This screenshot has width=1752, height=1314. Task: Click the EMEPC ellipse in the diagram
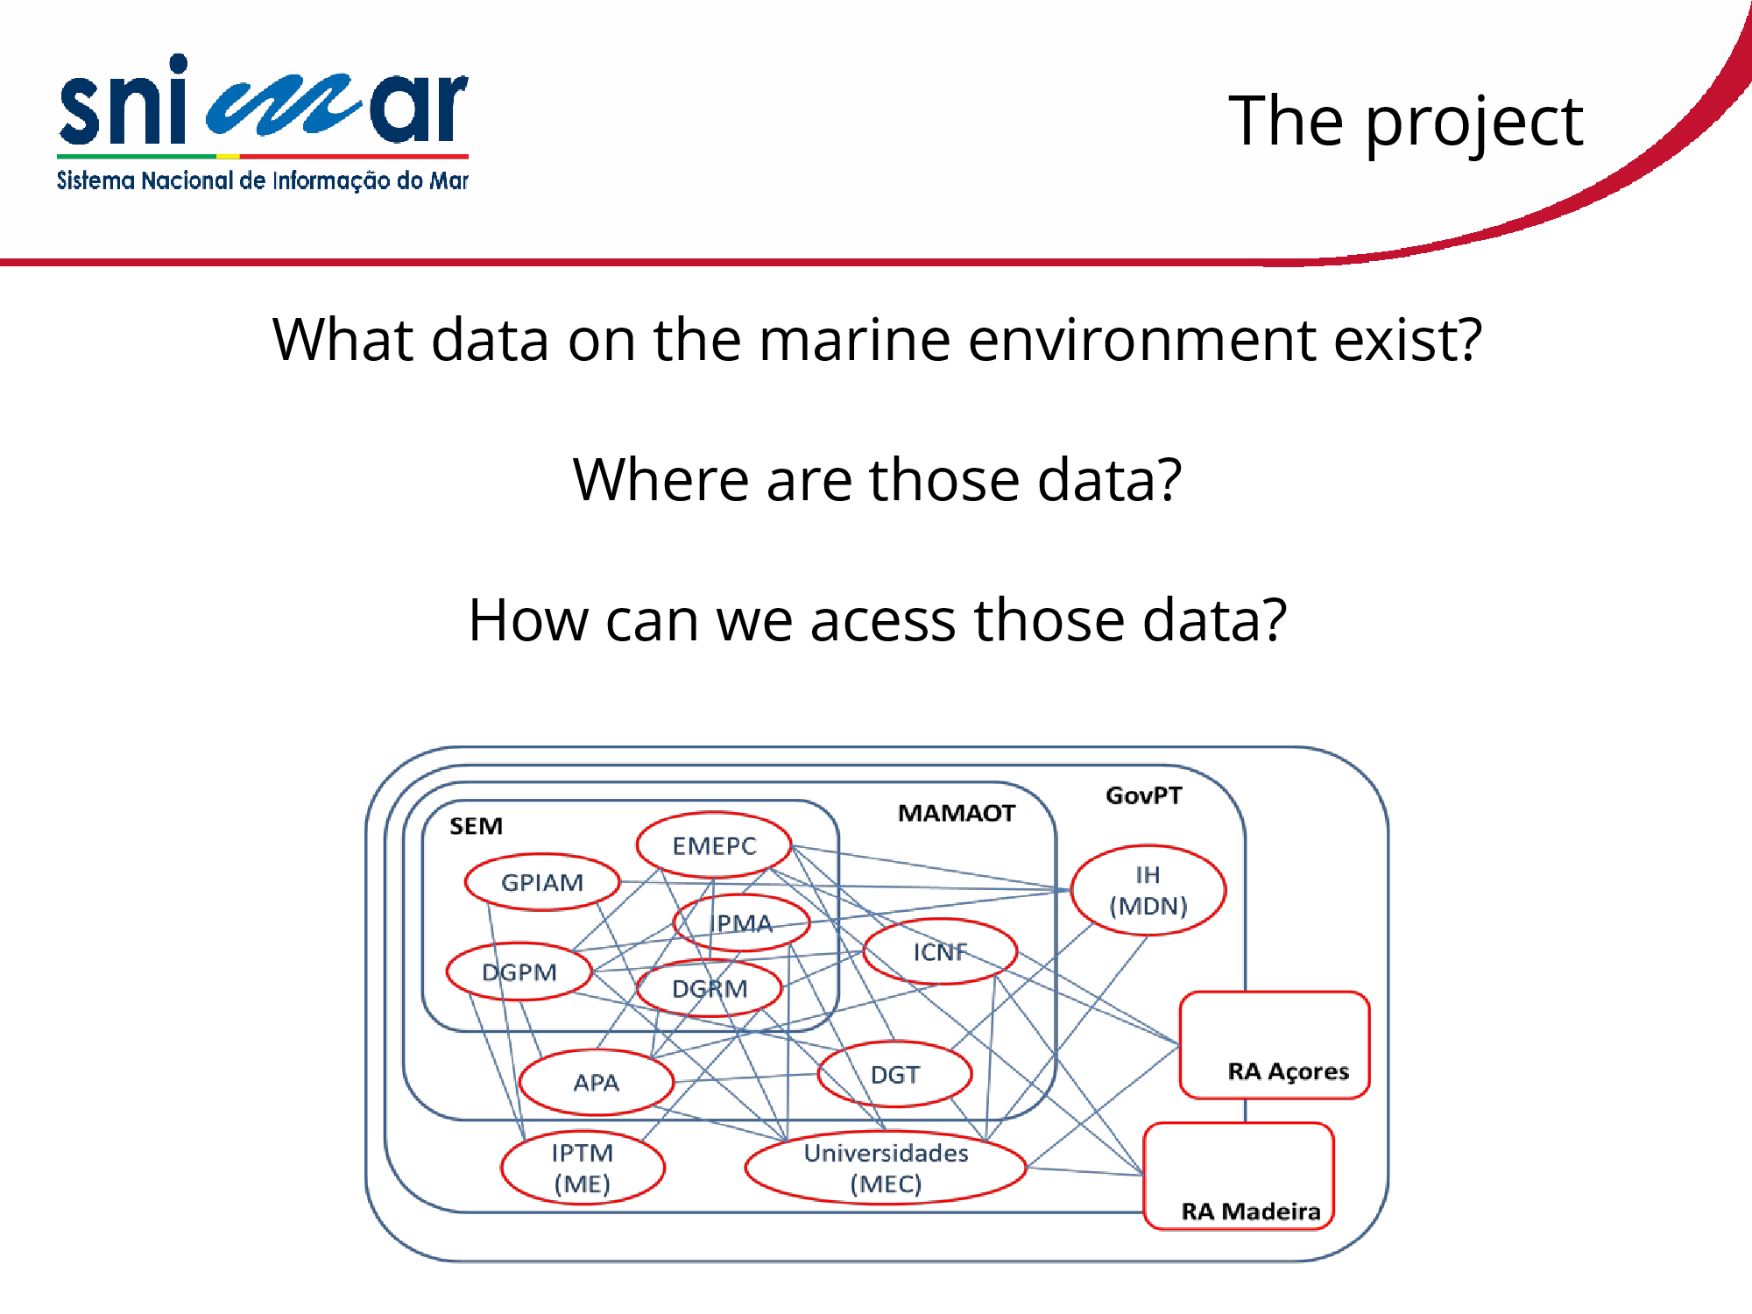tap(714, 845)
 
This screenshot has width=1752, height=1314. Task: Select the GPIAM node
tap(542, 882)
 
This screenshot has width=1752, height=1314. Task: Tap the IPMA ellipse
tap(742, 922)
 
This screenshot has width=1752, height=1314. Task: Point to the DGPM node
tap(519, 971)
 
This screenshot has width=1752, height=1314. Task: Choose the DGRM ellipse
tap(710, 988)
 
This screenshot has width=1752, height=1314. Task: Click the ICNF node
tap(940, 951)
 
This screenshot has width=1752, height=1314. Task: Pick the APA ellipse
tap(596, 1083)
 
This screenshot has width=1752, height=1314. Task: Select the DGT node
tap(894, 1074)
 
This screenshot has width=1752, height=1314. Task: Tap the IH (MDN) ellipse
tap(1148, 890)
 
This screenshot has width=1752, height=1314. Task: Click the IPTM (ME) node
tap(583, 1168)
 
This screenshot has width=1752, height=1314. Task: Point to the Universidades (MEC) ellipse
tap(886, 1168)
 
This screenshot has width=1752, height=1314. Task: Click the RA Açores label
tap(1288, 1071)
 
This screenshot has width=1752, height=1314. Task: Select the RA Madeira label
tap(1251, 1212)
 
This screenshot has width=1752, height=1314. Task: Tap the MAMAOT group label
tap(957, 813)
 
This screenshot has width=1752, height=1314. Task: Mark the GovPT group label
tap(1143, 795)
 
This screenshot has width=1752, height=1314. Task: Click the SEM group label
tap(476, 826)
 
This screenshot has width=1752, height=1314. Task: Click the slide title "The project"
tap(1406, 123)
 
